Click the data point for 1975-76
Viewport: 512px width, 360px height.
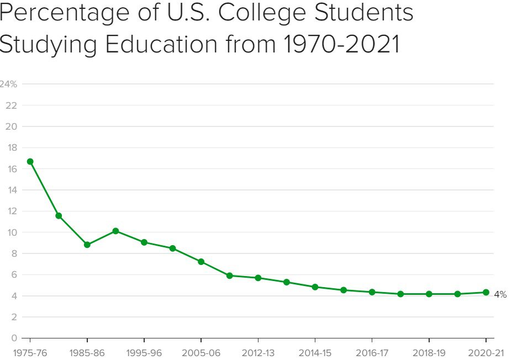(30, 162)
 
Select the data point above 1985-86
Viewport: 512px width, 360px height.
(87, 245)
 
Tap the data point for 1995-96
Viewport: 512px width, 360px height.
(144, 242)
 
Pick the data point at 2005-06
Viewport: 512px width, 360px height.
(201, 262)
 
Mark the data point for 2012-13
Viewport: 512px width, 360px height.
(258, 278)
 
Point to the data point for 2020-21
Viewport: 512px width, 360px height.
(485, 292)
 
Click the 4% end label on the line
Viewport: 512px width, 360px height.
(500, 295)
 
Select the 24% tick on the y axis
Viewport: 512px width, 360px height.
(8, 84)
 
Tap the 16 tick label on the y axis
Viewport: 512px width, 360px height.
(12, 169)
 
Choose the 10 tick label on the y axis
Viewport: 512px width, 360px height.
(12, 232)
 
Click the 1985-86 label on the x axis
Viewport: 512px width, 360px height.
(87, 352)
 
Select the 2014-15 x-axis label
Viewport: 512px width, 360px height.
(315, 352)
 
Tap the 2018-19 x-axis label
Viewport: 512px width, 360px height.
(429, 352)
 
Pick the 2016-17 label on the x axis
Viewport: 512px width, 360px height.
(372, 352)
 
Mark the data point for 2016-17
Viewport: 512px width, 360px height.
(372, 292)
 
